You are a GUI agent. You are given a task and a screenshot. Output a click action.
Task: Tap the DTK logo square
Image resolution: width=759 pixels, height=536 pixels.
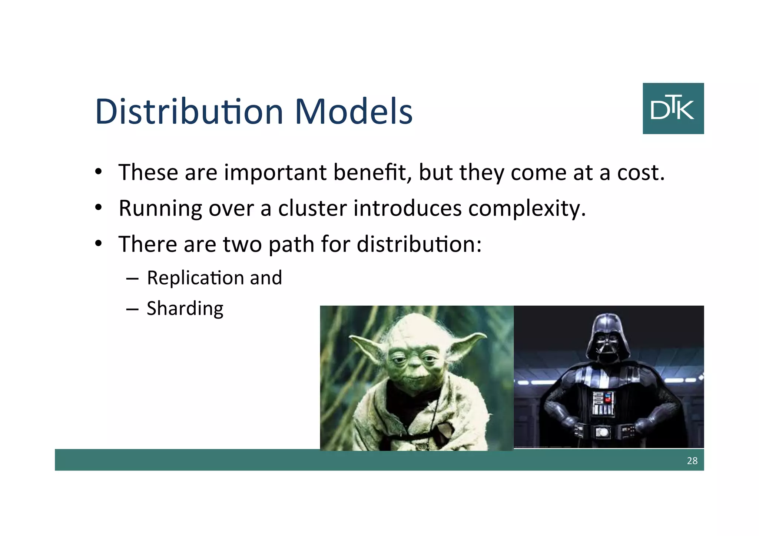coord(673,108)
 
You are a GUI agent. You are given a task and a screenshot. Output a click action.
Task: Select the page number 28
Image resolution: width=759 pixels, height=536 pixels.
coord(692,460)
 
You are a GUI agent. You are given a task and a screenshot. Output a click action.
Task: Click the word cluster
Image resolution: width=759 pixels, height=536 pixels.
coord(312,208)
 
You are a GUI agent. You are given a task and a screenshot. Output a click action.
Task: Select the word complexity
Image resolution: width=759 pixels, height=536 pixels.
coord(527,209)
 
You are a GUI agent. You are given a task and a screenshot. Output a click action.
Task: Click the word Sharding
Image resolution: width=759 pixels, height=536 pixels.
coord(185,309)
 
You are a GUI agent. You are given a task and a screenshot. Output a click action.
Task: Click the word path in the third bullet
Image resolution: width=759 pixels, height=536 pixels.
coord(291,244)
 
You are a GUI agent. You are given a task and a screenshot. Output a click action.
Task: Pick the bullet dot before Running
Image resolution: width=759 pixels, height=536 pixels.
coord(98,207)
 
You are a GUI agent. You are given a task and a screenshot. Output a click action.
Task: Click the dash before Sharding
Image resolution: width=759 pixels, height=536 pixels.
coord(132,309)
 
